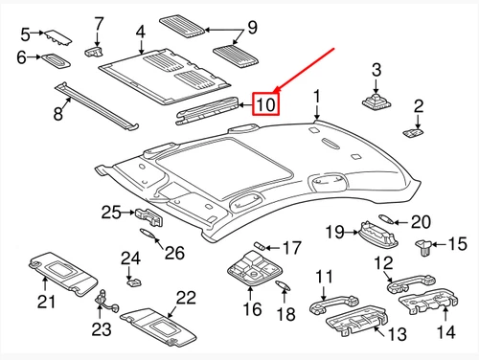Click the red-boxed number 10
tap(265, 102)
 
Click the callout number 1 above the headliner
tap(319, 98)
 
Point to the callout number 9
tap(253, 26)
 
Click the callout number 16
tap(252, 308)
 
